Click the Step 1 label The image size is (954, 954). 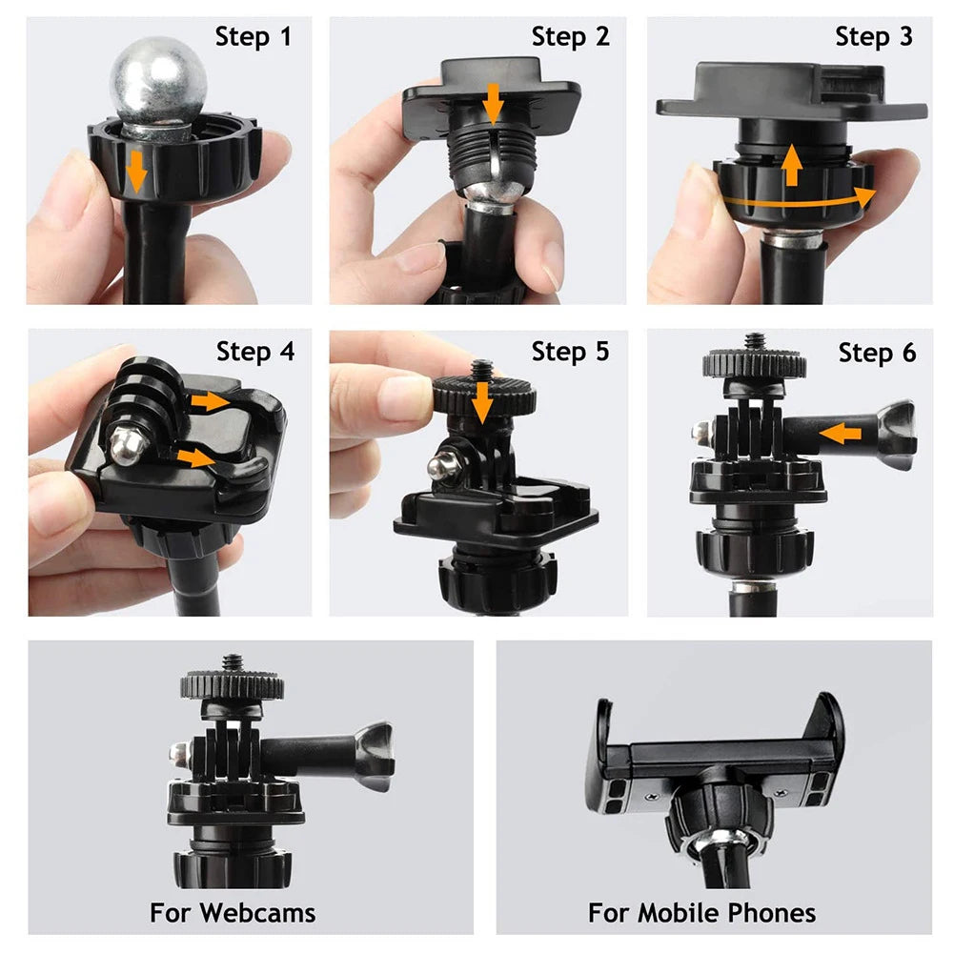(254, 37)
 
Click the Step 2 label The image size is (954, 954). (570, 37)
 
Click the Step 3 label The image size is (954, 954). (874, 37)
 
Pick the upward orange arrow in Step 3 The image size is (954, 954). (791, 164)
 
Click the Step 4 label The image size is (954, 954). (255, 352)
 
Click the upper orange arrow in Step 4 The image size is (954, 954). (211, 402)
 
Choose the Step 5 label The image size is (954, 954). (570, 352)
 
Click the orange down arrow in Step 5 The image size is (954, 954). (483, 401)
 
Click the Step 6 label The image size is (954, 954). (877, 354)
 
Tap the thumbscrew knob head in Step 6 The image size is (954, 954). (896, 434)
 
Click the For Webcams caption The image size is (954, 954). (233, 913)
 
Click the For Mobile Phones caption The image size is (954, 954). (701, 913)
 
